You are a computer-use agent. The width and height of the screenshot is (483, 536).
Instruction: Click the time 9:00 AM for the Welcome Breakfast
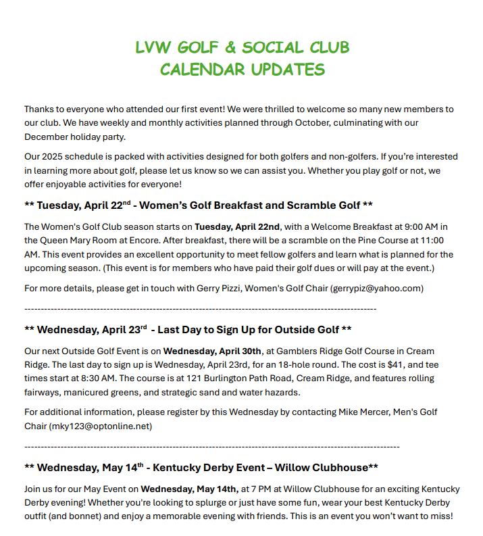coord(405,226)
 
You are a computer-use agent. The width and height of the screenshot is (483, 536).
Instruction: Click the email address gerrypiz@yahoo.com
coord(376,288)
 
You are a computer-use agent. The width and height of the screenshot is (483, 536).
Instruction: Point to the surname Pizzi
coord(202,288)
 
